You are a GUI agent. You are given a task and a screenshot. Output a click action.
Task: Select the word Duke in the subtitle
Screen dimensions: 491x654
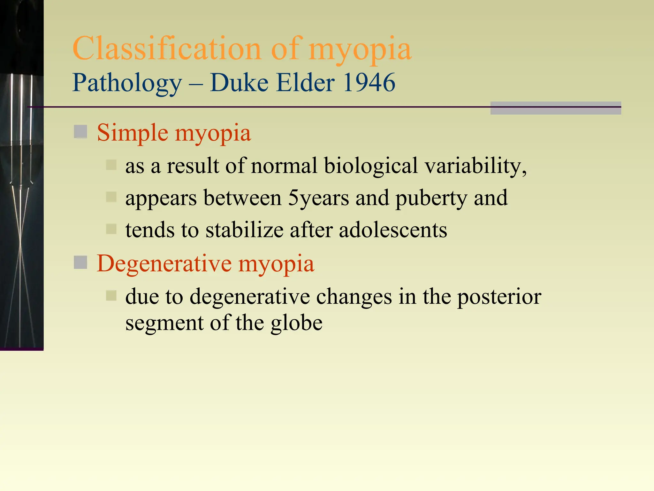pos(239,83)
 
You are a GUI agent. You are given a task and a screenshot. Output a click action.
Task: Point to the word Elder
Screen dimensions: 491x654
pos(305,83)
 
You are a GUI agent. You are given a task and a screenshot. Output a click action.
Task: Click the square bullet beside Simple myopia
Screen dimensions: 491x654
pos(80,131)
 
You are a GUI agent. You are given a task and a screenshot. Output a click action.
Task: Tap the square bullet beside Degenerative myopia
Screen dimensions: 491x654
pos(80,262)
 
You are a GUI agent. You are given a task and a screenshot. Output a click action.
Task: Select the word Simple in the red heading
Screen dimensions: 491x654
pos(133,133)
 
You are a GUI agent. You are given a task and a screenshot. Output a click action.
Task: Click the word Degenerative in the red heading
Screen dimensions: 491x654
pos(164,264)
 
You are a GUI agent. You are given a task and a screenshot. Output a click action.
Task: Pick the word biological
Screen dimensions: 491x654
pos(371,167)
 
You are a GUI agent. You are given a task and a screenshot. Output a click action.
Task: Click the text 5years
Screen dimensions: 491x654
pos(318,198)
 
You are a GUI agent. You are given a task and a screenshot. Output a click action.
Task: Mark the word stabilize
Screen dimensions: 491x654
pos(244,230)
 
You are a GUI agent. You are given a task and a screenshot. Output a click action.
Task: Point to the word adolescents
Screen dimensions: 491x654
pos(393,230)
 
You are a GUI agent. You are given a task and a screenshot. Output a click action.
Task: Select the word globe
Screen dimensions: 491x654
pos(296,323)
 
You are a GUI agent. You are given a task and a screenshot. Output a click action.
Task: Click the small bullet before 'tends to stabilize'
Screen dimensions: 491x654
pos(111,229)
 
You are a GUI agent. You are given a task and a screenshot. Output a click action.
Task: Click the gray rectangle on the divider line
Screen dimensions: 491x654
pos(555,108)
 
